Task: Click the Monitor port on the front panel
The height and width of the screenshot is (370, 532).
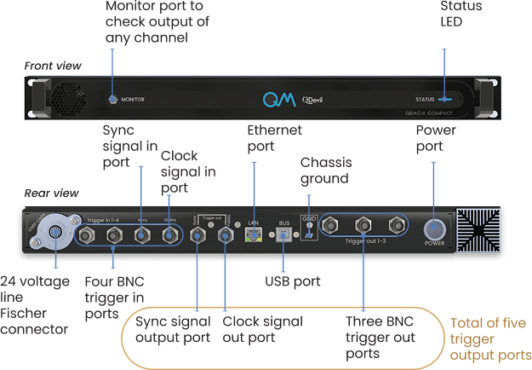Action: tap(113, 99)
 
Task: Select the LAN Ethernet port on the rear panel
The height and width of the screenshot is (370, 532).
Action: tap(253, 232)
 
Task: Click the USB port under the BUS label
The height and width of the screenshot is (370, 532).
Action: tap(285, 237)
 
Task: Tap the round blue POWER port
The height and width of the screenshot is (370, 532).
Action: tap(434, 229)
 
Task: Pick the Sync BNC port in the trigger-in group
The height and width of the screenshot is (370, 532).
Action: tap(142, 234)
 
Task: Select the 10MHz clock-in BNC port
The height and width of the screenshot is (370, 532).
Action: tap(169, 234)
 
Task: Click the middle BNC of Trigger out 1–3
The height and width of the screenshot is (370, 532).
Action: tap(363, 226)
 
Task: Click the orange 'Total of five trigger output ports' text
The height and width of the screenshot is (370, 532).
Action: tap(489, 338)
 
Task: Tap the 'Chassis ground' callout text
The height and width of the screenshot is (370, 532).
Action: tap(324, 170)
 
